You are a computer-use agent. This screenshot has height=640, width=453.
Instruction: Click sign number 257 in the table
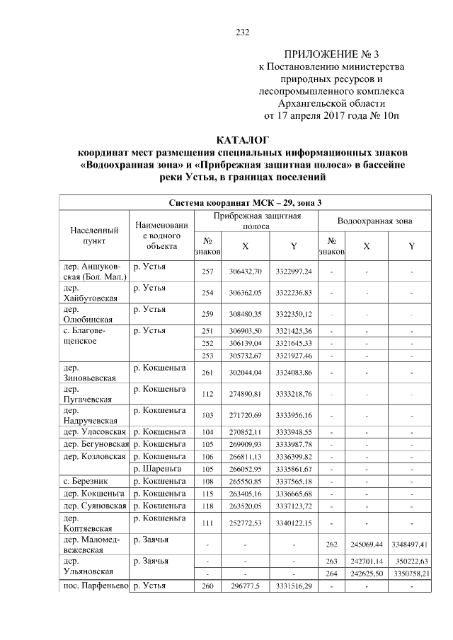point(207,272)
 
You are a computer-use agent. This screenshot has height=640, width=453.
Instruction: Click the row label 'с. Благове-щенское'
point(90,335)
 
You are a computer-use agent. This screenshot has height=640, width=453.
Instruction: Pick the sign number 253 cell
point(207,355)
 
